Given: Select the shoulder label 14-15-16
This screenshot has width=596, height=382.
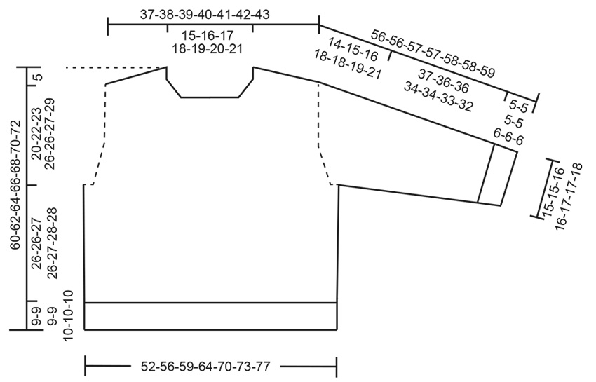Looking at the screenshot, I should [x=353, y=50].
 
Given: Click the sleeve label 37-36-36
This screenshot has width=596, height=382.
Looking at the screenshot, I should [x=444, y=82].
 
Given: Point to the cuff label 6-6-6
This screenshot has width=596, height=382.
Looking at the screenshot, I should [x=509, y=136].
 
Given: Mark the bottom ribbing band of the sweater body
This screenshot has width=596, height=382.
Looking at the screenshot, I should [x=210, y=316].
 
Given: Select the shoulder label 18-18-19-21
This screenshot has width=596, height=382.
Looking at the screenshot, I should [x=347, y=64].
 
